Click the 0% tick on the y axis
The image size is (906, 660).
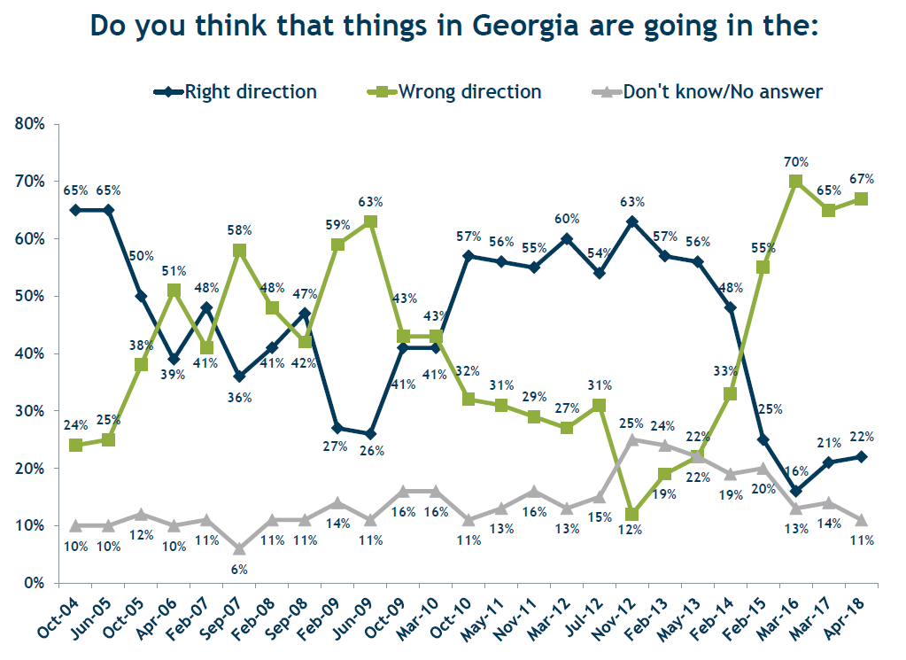35,583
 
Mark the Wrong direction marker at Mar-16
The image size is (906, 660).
795,182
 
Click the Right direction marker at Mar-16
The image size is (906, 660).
795,491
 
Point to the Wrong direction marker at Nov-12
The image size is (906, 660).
631,514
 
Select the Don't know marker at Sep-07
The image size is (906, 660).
238,548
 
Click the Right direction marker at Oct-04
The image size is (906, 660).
75,210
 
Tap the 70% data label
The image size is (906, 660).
795,162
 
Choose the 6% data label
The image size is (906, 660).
238,570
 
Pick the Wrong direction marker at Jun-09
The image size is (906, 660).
371,221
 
